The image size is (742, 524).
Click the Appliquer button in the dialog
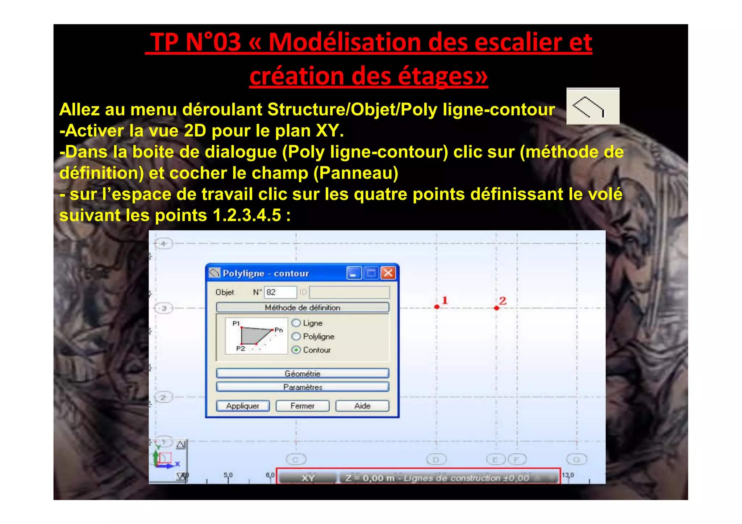pyautogui.click(x=243, y=406)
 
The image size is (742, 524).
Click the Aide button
pyautogui.click(x=362, y=406)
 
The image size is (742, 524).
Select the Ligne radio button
pyautogui.click(x=296, y=323)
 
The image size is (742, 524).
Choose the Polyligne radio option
pyautogui.click(x=296, y=336)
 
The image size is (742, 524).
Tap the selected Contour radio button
pyautogui.click(x=296, y=350)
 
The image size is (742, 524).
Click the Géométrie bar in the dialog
pyautogui.click(x=303, y=373)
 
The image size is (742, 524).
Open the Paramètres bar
pyautogui.click(x=303, y=387)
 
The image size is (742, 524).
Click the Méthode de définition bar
pyautogui.click(x=303, y=307)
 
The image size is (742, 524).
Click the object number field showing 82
pyautogui.click(x=280, y=292)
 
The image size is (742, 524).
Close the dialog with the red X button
pyautogui.click(x=388, y=273)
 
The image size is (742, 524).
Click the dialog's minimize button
pyautogui.click(x=354, y=273)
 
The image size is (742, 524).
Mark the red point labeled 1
pyautogui.click(x=437, y=307)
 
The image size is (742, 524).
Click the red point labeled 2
pyautogui.click(x=496, y=308)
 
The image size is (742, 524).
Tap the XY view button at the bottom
pyautogui.click(x=308, y=478)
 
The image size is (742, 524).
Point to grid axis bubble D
pyautogui.click(x=436, y=460)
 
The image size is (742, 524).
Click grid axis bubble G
pyautogui.click(x=576, y=460)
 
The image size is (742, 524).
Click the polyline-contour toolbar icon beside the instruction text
pyautogui.click(x=593, y=106)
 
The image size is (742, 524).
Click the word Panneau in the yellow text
pyautogui.click(x=356, y=173)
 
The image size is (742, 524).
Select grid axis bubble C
pyautogui.click(x=296, y=460)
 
